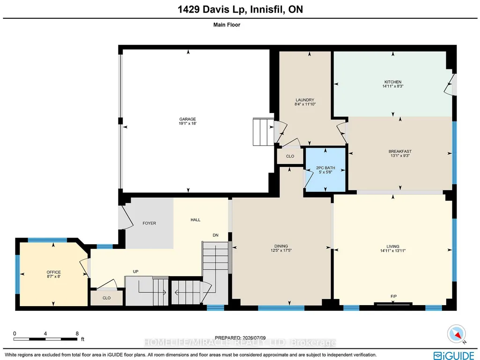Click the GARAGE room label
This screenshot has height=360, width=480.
pos(187,119)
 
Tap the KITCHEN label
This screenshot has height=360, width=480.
pos(393,82)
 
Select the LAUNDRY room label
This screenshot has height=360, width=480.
pos(305,100)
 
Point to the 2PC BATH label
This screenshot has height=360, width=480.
pos(325,168)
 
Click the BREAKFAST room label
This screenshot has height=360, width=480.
pos(400,151)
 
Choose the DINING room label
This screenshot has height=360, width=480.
pos(281,246)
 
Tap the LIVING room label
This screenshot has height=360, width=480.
pos(393,247)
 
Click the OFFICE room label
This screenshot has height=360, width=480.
pos(53,272)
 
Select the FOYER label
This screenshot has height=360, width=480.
pos(149,223)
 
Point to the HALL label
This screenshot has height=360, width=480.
pos(195,220)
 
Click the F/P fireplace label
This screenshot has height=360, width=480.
pos(394,296)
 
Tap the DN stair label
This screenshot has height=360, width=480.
pos(215,235)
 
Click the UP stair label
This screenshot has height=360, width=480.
pos(136,271)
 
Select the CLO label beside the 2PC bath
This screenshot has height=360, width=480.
pos(290,156)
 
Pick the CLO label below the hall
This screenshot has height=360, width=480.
pos(106,298)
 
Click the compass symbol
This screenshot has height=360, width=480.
pos(457,334)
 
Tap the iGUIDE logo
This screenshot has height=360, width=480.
pos(454,355)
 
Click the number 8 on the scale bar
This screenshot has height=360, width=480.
pos(77,334)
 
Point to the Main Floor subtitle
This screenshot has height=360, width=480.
pos(227,25)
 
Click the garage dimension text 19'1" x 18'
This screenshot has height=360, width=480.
pos(187,123)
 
